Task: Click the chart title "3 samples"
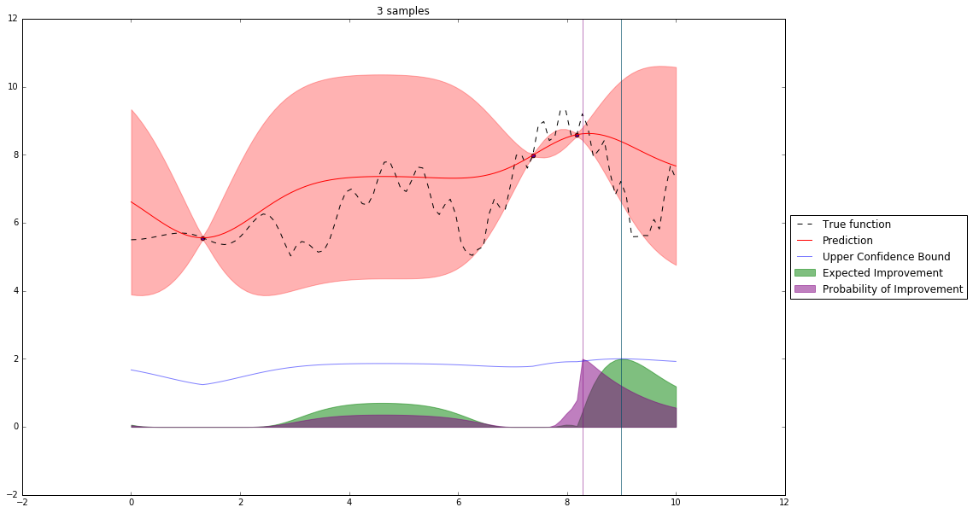click(402, 11)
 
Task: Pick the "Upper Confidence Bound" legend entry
click(879, 257)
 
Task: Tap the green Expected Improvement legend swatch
click(806, 273)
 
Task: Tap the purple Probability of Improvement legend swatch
click(806, 289)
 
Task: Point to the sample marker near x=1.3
click(202, 239)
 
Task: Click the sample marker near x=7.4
click(533, 155)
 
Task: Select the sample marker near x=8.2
click(577, 135)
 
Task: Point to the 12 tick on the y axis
click(11, 19)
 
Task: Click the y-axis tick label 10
click(11, 87)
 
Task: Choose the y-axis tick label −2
click(9, 495)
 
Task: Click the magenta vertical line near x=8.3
click(583, 256)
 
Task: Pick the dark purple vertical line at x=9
click(621, 256)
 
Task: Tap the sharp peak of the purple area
click(583, 360)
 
